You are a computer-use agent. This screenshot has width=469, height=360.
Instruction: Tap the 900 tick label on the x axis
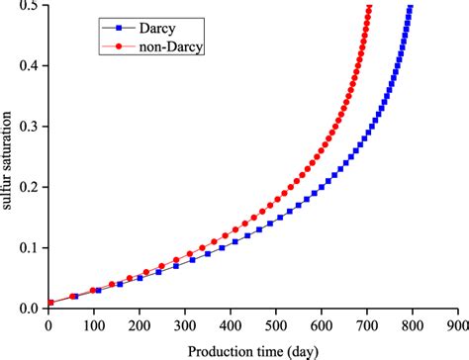click(x=456, y=323)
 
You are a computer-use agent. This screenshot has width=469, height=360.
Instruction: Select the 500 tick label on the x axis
click(x=275, y=323)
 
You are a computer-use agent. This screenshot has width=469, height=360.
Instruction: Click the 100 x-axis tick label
click(x=94, y=323)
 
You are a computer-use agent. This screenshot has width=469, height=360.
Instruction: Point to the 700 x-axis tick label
click(x=365, y=323)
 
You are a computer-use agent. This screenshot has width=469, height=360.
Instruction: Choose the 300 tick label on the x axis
click(x=184, y=323)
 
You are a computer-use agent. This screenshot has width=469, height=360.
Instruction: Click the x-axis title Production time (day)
click(x=252, y=348)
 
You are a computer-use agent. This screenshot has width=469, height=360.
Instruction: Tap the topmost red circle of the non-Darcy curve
click(x=369, y=8)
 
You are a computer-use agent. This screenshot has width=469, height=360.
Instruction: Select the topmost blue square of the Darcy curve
click(x=410, y=8)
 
